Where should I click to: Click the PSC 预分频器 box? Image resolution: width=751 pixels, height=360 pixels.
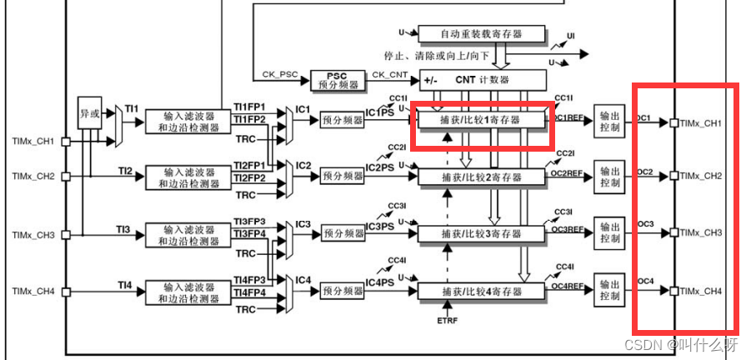point(337,80)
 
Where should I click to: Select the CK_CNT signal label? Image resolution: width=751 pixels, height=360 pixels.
point(390,75)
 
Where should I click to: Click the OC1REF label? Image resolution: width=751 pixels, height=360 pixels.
point(568,118)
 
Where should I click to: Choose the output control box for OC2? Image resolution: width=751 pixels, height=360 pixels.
point(609,175)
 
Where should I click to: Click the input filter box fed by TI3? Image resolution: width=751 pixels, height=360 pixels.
point(191,235)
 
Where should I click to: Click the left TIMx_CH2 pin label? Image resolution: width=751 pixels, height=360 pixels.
point(33,176)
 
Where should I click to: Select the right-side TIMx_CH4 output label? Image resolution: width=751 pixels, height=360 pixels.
point(700,291)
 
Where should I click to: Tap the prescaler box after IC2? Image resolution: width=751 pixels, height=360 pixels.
point(342,176)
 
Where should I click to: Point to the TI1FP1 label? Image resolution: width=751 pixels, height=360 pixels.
point(249,107)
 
